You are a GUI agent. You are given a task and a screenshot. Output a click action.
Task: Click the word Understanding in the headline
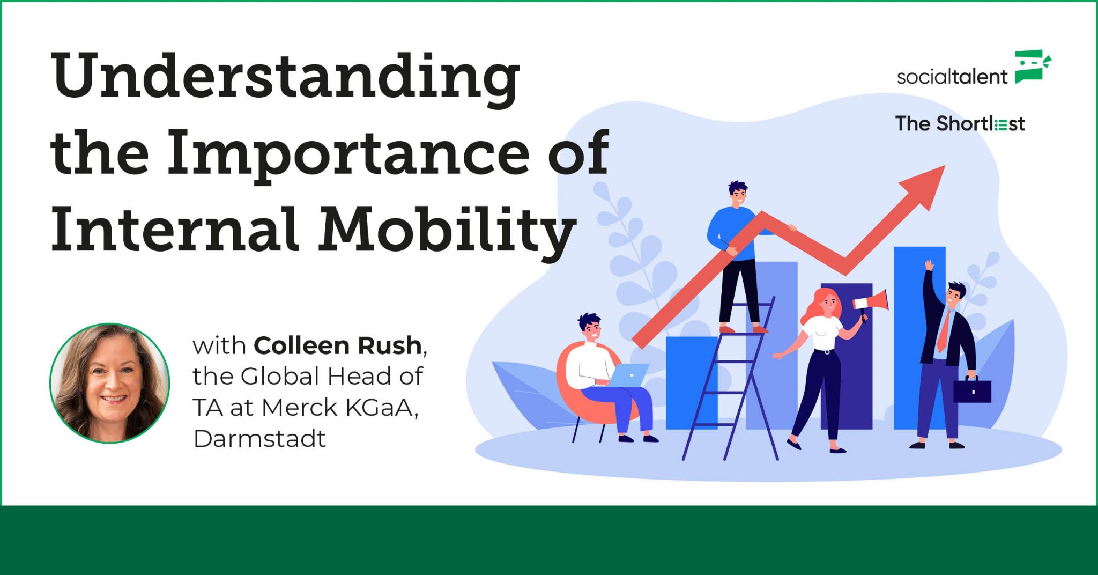click(x=285, y=76)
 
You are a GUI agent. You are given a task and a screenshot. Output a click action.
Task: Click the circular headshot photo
click(x=110, y=383)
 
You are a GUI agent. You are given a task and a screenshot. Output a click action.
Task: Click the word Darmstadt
click(x=259, y=439)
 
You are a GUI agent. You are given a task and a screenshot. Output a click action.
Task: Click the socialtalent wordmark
click(x=952, y=77)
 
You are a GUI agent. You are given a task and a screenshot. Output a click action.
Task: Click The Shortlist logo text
click(x=960, y=124)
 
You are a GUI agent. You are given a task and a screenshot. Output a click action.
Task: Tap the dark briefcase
click(x=972, y=390)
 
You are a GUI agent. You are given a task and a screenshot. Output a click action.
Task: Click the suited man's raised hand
click(x=929, y=265)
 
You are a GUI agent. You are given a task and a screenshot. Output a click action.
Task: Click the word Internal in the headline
click(x=174, y=231)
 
